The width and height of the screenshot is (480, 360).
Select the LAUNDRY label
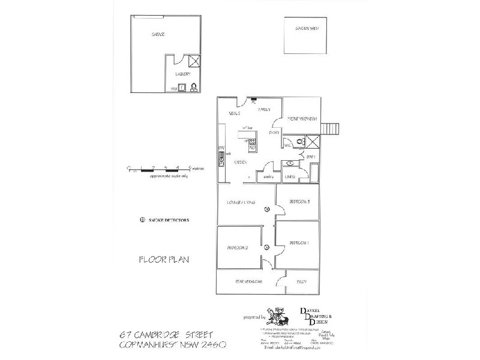click(182, 74)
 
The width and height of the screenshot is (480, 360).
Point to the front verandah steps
click(328, 128)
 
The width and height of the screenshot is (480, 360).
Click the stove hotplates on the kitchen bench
click(252, 143)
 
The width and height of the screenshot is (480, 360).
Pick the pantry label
click(268, 176)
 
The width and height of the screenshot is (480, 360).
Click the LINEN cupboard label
click(290, 176)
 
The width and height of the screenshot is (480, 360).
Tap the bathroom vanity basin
click(290, 163)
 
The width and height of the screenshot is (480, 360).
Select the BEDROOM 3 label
click(299, 202)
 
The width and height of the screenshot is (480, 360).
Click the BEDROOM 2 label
click(238, 248)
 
